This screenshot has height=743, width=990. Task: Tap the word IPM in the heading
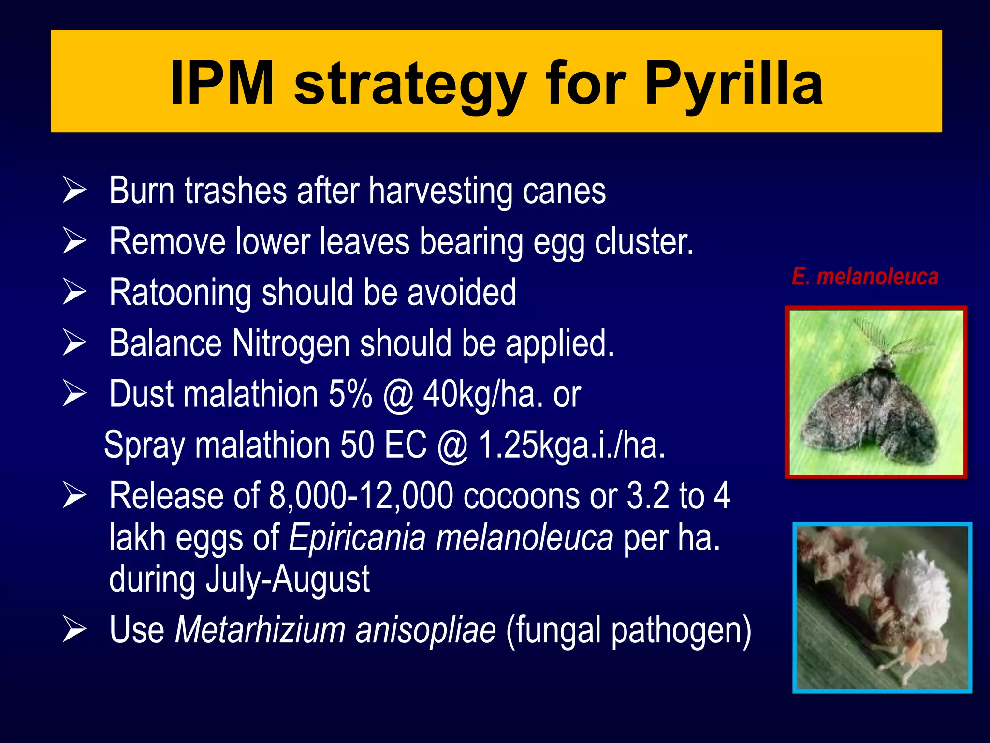click(x=222, y=83)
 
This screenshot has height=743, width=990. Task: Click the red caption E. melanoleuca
click(x=865, y=277)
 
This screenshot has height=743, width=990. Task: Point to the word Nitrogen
click(x=291, y=343)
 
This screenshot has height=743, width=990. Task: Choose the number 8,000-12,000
click(x=361, y=496)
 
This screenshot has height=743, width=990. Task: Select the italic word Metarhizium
click(x=260, y=630)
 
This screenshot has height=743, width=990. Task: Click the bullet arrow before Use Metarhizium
click(x=74, y=630)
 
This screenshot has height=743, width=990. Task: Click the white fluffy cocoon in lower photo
click(x=917, y=588)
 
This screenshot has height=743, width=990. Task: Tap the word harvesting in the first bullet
click(x=440, y=191)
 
